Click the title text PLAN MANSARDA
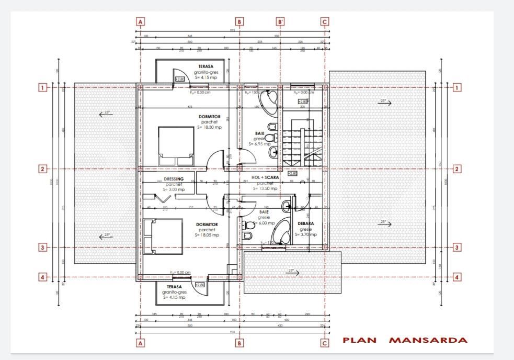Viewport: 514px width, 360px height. pos(405,340)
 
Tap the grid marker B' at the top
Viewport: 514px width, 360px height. pos(280,21)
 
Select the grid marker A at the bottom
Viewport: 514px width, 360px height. pos(140,343)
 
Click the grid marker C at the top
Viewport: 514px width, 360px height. pos(325,21)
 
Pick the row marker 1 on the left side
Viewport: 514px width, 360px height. pos(43,87)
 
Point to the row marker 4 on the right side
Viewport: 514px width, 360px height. pos(457,277)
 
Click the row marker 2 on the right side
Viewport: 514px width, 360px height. pos(457,169)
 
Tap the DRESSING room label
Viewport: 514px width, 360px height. pos(173,178)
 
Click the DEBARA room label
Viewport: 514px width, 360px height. pos(306,223)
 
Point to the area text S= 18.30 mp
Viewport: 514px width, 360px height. pos(209,127)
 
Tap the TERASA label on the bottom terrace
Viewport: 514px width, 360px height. pos(174,287)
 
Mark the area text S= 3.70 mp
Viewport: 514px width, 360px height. pos(306,235)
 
